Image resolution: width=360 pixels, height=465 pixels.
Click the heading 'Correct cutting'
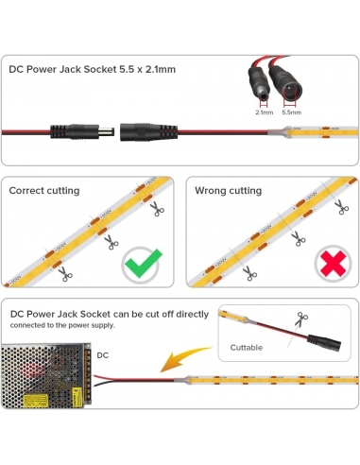point(43,191)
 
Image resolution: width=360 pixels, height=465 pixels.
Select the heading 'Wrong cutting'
point(228,191)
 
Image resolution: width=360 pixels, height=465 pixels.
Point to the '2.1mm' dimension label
point(265,111)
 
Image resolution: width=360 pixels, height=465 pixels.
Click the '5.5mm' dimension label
point(293,111)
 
